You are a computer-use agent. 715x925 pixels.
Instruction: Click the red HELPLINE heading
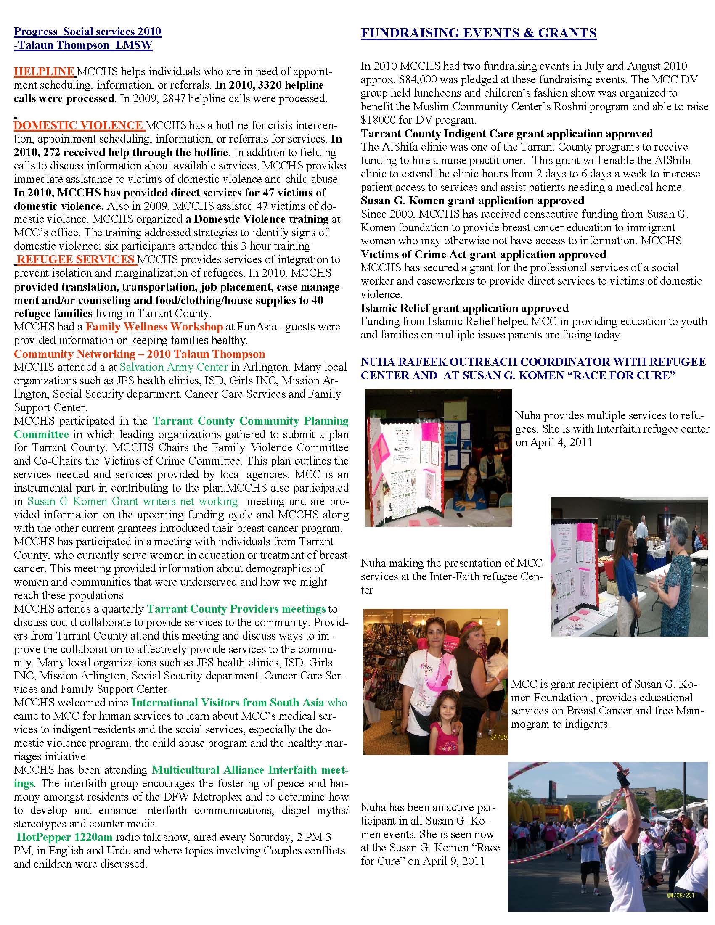coord(45,71)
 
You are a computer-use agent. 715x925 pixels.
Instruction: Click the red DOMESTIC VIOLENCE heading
coord(79,125)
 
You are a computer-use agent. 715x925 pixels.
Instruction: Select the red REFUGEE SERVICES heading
coord(76,259)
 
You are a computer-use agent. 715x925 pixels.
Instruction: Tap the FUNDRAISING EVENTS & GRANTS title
coord(478,33)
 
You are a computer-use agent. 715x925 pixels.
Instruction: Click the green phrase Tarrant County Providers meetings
coord(236,609)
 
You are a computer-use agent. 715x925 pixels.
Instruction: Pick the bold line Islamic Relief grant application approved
coord(464,308)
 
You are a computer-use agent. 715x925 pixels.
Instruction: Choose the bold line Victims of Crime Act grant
coord(483,254)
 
